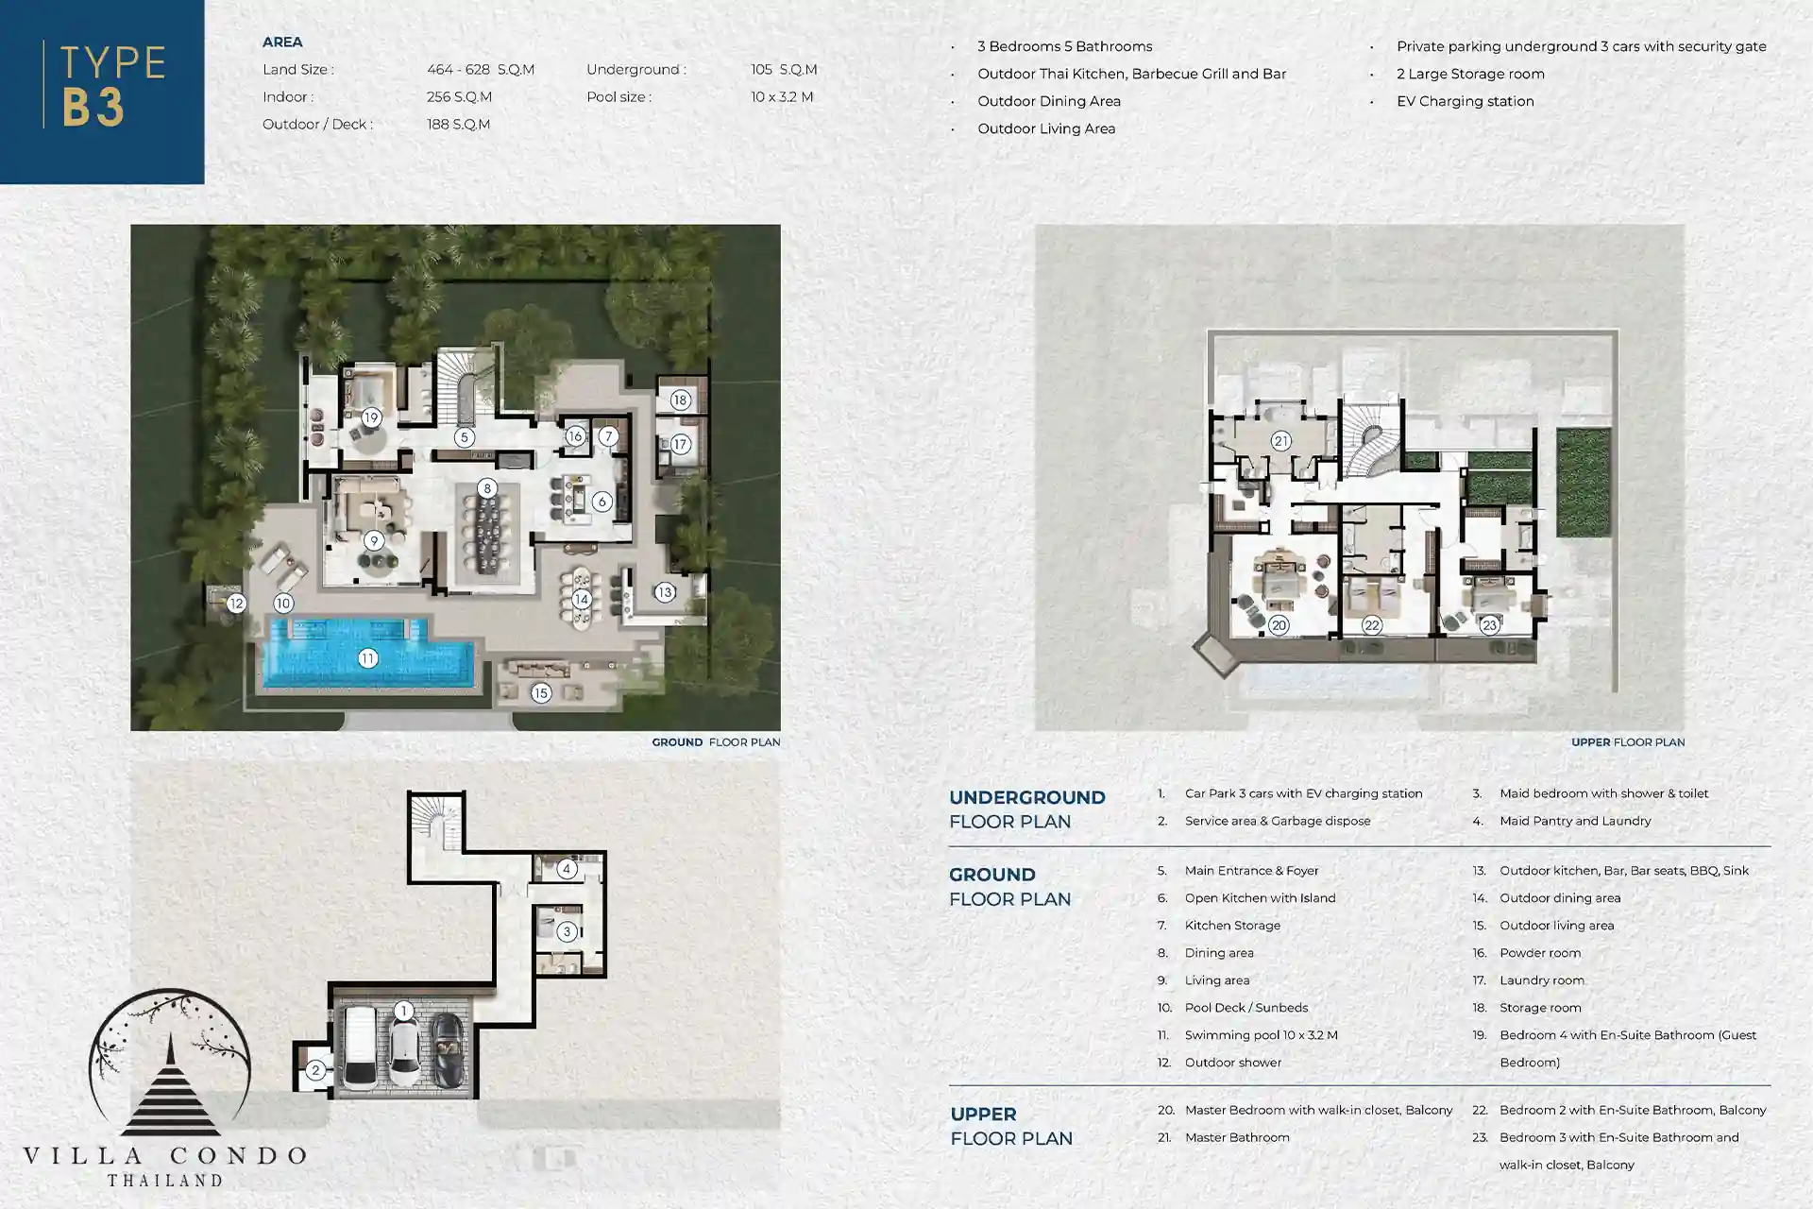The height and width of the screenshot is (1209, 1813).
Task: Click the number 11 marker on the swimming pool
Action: [367, 658]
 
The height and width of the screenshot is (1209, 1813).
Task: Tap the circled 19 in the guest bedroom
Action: [371, 417]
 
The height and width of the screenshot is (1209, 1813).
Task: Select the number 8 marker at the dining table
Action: [486, 488]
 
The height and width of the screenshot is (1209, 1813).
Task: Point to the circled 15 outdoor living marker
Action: [540, 693]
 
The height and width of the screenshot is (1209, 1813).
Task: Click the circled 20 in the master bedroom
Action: [1279, 625]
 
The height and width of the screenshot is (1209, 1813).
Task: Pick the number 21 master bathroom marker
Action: [1280, 441]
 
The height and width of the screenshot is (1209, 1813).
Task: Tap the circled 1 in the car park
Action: [403, 1011]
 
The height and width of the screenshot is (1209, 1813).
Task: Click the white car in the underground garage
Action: [360, 1047]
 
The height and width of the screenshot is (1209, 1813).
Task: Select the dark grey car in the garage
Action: [448, 1051]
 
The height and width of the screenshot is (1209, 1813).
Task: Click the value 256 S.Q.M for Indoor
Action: [459, 96]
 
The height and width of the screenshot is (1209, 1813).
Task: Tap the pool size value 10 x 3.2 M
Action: [782, 96]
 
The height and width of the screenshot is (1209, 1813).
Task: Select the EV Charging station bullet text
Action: [1466, 101]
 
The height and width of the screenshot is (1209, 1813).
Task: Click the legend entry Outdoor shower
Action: [1233, 1063]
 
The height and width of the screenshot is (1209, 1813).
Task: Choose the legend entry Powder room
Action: [1540, 953]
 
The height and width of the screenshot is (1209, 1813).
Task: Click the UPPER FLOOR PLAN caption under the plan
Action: [1628, 742]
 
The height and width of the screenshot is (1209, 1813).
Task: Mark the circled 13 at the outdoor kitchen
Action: [665, 592]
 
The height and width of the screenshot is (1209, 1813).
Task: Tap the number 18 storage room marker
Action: [680, 400]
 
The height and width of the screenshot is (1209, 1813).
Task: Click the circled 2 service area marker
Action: [315, 1070]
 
